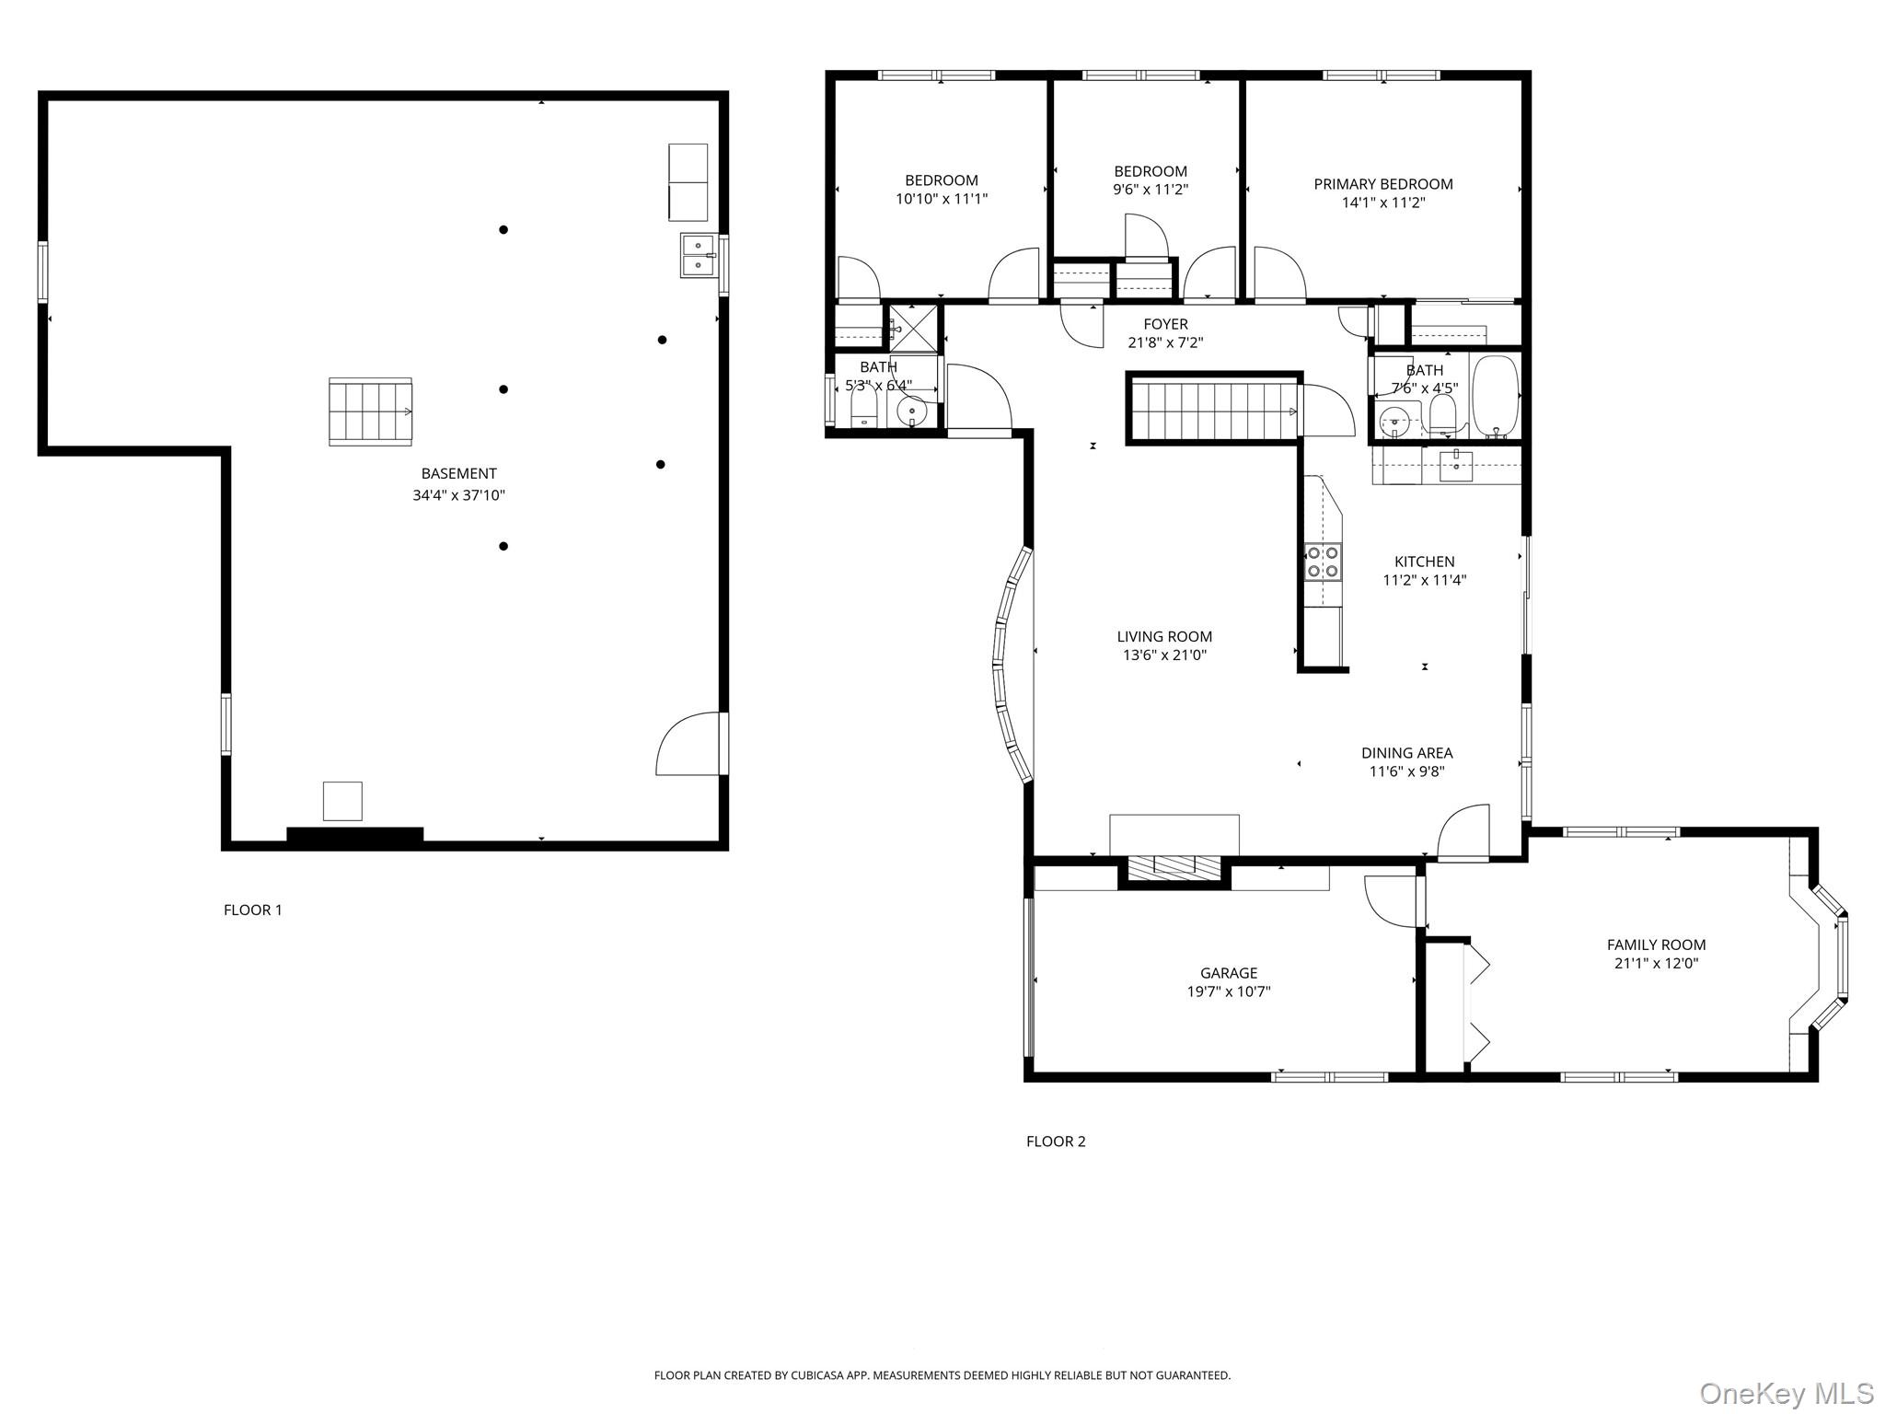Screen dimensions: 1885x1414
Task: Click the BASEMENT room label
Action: click(458, 473)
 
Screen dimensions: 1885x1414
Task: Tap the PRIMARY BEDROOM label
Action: click(1382, 184)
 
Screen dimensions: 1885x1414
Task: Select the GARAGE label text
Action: click(1228, 972)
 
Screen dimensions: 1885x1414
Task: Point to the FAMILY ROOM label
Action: click(1656, 945)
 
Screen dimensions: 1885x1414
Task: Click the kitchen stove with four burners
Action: click(1324, 562)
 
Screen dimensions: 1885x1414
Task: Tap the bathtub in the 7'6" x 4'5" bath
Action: click(1495, 396)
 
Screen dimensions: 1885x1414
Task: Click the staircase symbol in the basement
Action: click(370, 411)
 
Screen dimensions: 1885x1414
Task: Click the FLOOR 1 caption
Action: click(253, 910)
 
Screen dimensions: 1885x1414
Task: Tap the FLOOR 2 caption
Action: click(1056, 1142)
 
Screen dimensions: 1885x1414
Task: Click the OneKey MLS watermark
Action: click(1786, 1393)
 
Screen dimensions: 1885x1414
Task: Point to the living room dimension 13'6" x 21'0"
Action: click(1164, 655)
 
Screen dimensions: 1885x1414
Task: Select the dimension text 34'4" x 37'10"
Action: click(458, 495)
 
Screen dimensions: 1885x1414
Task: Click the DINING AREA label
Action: click(1406, 753)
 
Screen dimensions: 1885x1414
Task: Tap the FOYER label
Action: click(1165, 324)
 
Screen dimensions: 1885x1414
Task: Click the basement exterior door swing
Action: click(691, 744)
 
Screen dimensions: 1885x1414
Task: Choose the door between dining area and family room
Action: click(1463, 833)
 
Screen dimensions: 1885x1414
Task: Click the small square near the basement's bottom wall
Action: click(342, 801)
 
